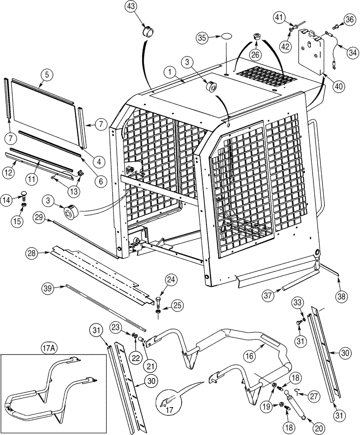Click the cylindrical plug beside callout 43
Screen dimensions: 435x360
(147, 33)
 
